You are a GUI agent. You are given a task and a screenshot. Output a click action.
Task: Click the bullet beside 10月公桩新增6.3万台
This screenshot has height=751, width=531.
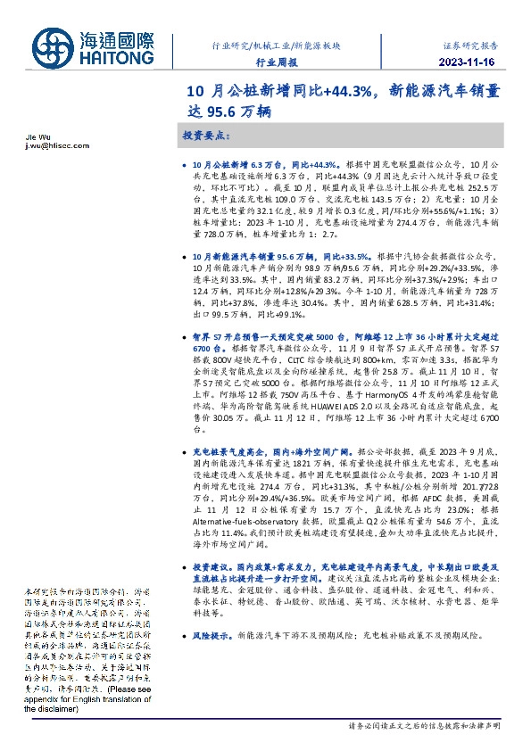click(x=184, y=166)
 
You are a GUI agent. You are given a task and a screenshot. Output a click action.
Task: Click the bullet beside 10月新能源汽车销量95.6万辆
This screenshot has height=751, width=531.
click(x=184, y=255)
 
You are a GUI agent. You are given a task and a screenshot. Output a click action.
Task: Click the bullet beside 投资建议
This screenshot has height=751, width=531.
click(x=184, y=567)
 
